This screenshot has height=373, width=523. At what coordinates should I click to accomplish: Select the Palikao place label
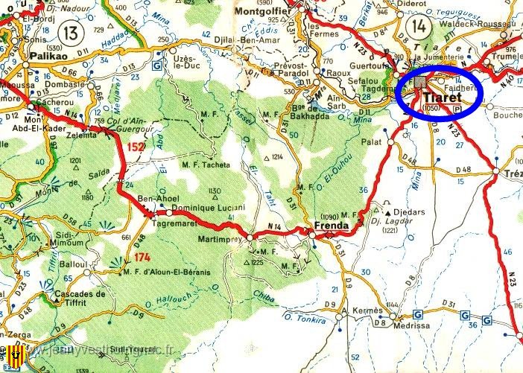tap(46, 55)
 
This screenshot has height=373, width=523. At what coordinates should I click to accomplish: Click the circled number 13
tap(71, 32)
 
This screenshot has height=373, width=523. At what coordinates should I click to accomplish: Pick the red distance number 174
tap(143, 257)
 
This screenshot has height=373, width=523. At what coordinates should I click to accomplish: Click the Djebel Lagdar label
tap(407, 221)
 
